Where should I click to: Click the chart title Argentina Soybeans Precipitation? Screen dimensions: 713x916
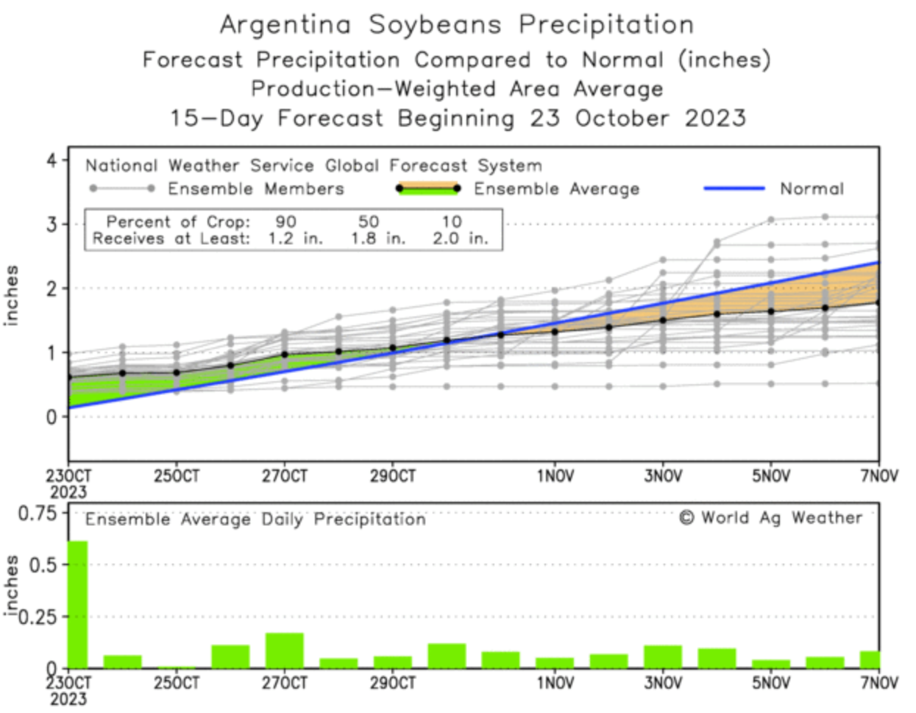point(456,24)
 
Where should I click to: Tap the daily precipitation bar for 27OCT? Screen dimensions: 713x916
point(285,650)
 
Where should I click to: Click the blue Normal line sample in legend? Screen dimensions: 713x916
point(734,189)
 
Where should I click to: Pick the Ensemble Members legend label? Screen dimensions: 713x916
point(255,189)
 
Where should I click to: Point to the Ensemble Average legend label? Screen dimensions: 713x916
point(556,189)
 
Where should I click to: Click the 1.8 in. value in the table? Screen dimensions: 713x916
point(377,238)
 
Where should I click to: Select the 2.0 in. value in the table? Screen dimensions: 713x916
point(460,238)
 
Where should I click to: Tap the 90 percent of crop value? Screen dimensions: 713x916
point(285,221)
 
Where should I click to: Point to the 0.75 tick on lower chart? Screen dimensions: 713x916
point(38,512)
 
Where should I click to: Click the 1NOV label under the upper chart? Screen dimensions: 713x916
point(555,476)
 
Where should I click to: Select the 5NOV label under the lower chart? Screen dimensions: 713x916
point(770,684)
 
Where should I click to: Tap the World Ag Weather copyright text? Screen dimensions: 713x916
point(770,518)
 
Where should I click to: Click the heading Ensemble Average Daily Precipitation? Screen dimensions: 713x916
point(255,519)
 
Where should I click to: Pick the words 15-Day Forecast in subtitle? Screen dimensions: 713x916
point(277,118)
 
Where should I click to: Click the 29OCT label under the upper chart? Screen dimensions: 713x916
point(392,476)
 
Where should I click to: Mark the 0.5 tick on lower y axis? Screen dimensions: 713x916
point(43,565)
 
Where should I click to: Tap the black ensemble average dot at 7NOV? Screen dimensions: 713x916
point(878,302)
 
